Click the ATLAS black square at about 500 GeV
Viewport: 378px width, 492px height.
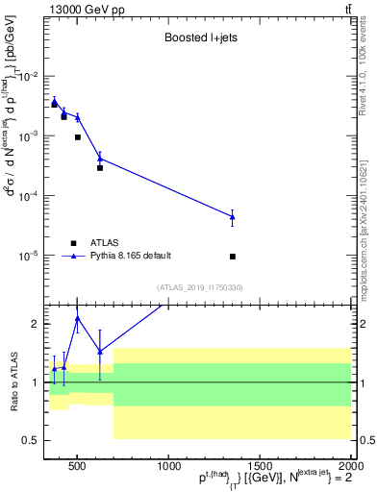tap(78, 137)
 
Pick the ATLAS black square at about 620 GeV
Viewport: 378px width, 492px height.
tap(100, 168)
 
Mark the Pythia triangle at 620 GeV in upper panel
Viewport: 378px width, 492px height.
tap(100, 159)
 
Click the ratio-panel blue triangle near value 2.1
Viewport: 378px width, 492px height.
tap(78, 318)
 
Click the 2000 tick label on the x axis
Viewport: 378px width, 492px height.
tap(348, 468)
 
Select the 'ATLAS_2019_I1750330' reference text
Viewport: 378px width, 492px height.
tap(200, 286)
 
